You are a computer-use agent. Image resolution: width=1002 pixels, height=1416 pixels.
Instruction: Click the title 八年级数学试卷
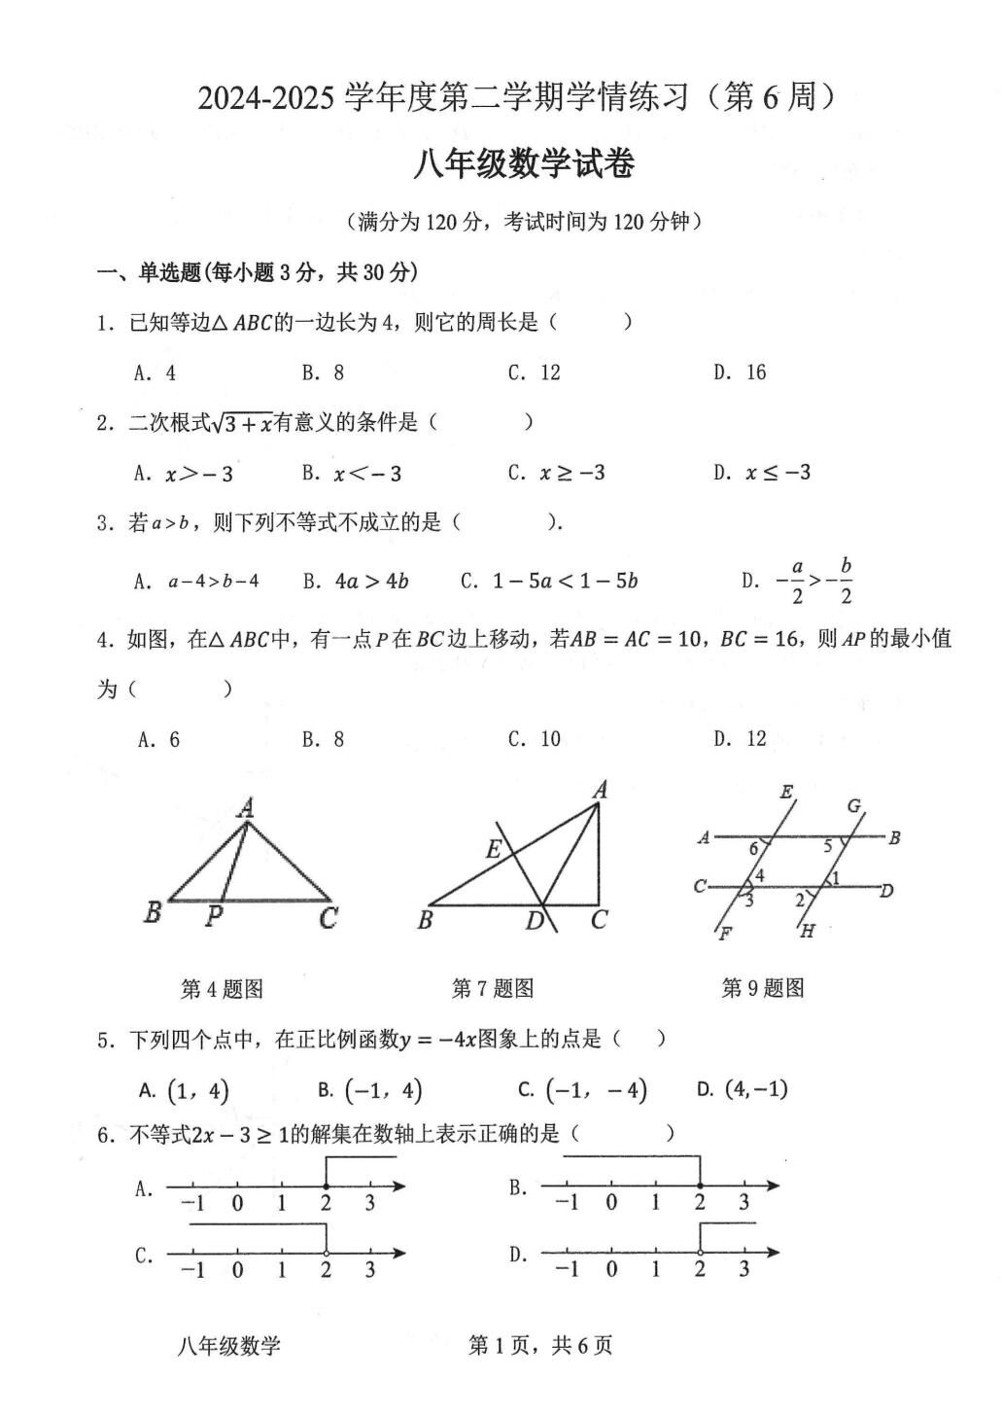(524, 164)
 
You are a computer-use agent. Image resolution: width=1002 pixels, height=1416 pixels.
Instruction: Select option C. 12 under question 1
(535, 372)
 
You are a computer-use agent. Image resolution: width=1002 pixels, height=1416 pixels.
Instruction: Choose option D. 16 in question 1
(740, 372)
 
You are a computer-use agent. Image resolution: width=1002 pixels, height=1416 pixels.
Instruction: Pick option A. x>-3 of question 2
(185, 474)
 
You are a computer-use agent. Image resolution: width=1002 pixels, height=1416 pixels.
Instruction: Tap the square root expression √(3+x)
(243, 423)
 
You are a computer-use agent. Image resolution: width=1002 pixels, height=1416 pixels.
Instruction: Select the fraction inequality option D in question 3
(798, 582)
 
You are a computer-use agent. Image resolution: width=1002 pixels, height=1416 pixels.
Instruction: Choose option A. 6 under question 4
(159, 739)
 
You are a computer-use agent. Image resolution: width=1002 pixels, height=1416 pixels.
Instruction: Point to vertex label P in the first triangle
(215, 916)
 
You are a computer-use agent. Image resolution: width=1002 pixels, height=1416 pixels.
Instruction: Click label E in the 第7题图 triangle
(494, 850)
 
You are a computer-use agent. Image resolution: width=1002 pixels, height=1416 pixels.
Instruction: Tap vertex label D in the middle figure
(534, 920)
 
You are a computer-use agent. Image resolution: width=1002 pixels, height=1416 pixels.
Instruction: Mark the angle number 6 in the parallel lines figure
(753, 849)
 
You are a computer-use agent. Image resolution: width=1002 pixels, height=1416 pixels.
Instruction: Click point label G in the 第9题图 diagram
(854, 806)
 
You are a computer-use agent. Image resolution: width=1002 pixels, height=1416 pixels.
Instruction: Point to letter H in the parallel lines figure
(807, 932)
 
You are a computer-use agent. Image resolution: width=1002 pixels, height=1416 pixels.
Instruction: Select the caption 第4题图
(222, 989)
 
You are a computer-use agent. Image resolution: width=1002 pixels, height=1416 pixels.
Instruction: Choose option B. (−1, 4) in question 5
(370, 1090)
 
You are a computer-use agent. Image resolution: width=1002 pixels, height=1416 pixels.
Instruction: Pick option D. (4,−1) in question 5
(743, 1089)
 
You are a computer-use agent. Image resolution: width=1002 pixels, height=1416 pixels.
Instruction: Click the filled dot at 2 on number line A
(326, 1186)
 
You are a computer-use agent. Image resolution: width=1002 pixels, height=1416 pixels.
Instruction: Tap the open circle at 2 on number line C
(326, 1253)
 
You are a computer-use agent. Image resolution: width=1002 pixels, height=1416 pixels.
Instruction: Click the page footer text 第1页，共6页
(540, 1345)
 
